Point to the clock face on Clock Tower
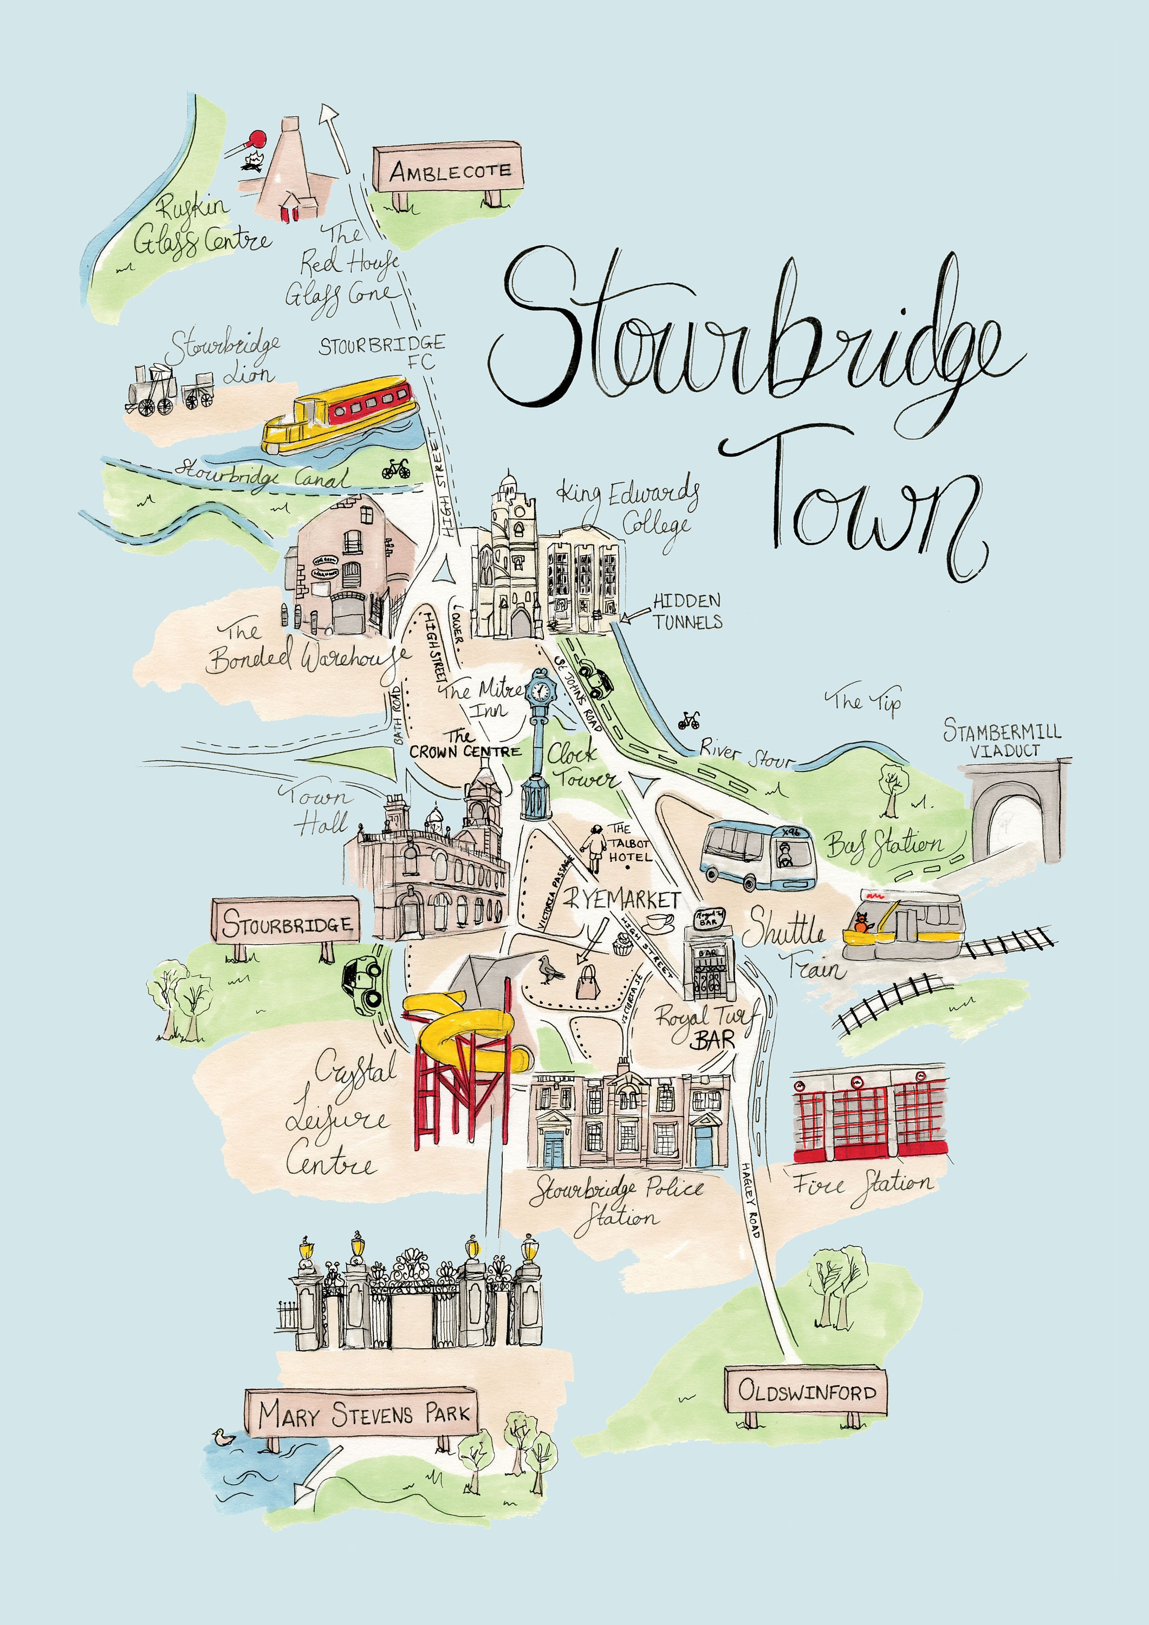point(540,690)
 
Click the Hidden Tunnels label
point(687,611)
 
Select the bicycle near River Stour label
point(688,720)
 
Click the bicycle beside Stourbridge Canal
point(396,468)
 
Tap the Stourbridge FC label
point(382,352)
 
